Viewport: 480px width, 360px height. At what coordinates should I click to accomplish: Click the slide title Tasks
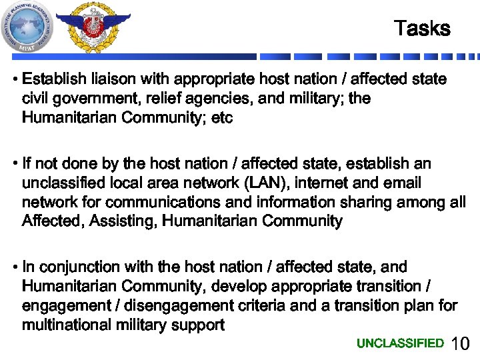coord(422,29)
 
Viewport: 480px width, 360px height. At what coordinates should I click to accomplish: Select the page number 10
coord(461,345)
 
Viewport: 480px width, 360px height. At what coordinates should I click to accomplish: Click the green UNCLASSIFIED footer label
coord(400,343)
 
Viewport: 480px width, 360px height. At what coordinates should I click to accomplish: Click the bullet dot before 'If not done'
coord(15,164)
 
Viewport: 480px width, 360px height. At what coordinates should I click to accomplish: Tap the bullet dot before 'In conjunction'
coord(15,267)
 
